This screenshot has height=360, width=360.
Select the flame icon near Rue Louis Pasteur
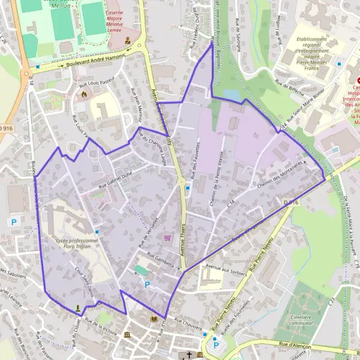[x=85, y=94]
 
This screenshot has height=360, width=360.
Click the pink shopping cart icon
[x=167, y=238]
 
